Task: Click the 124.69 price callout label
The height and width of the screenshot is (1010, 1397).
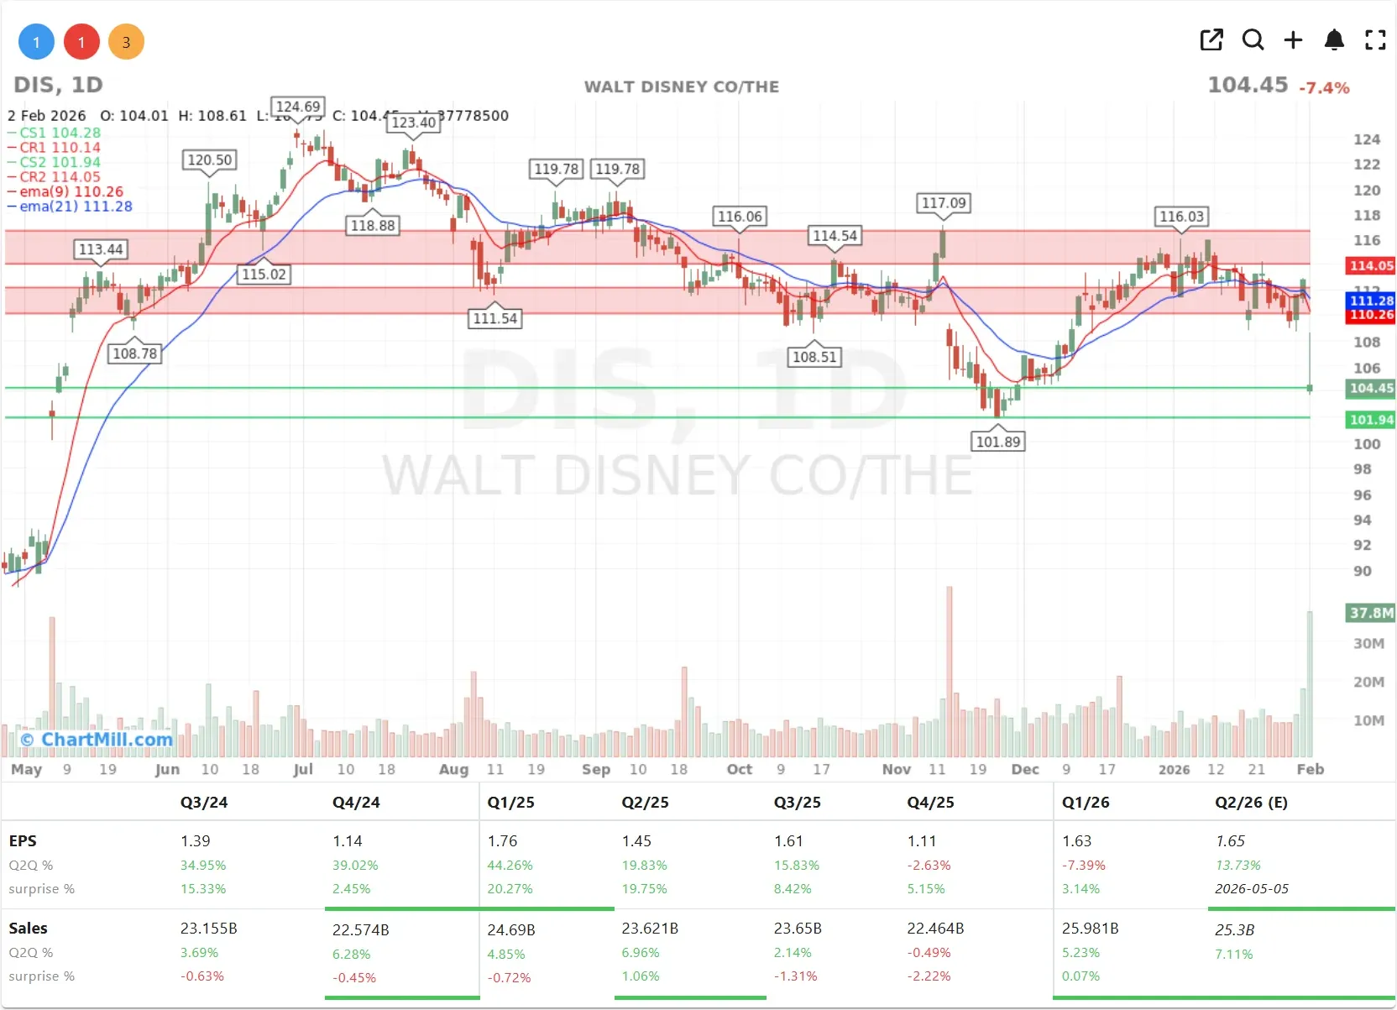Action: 298,107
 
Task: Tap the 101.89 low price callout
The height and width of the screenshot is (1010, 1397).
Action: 997,442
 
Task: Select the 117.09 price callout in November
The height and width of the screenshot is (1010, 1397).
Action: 944,203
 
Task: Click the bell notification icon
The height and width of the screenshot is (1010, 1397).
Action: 1334,39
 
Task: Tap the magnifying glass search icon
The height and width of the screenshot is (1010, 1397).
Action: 1253,39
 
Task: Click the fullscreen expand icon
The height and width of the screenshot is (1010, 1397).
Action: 1375,39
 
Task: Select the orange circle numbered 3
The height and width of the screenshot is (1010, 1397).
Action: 126,42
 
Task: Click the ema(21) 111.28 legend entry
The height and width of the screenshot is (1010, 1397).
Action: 76,207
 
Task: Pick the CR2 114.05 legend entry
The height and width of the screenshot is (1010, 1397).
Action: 60,177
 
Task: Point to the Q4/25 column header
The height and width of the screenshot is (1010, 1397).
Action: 930,803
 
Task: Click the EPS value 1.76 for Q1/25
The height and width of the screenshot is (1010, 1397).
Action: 502,841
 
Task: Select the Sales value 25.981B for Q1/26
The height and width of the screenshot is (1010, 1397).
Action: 1090,929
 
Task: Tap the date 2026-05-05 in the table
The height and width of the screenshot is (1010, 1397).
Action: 1251,889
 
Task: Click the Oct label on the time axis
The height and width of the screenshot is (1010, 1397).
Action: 739,769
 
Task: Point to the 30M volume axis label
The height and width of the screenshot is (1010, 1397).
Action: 1368,644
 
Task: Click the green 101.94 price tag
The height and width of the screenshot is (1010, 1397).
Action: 1370,420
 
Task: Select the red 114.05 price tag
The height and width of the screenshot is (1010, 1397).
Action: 1370,266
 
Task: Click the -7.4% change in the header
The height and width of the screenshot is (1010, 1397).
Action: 1324,87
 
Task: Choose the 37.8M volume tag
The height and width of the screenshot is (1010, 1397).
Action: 1370,613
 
